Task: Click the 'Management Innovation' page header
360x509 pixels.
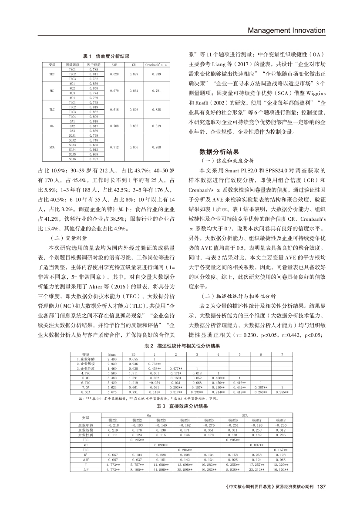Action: coord(286,30)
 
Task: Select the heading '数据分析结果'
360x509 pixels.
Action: coord(219,152)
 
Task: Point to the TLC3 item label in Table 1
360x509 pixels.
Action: coord(72,112)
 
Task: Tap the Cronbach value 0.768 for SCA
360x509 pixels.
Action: coord(156,147)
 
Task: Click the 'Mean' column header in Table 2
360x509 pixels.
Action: coord(112,354)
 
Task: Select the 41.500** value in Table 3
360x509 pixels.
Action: coord(161,469)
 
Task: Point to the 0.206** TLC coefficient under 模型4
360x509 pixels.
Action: coord(185,449)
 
